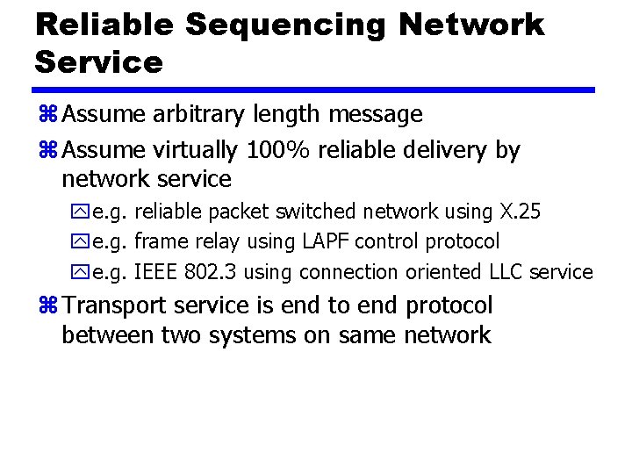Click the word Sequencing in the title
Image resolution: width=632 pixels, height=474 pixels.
(285, 25)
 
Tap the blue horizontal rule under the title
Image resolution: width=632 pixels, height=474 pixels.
(314, 90)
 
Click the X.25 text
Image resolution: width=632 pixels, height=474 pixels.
(520, 212)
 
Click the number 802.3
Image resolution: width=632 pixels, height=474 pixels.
(212, 272)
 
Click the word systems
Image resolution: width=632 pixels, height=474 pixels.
(255, 335)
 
